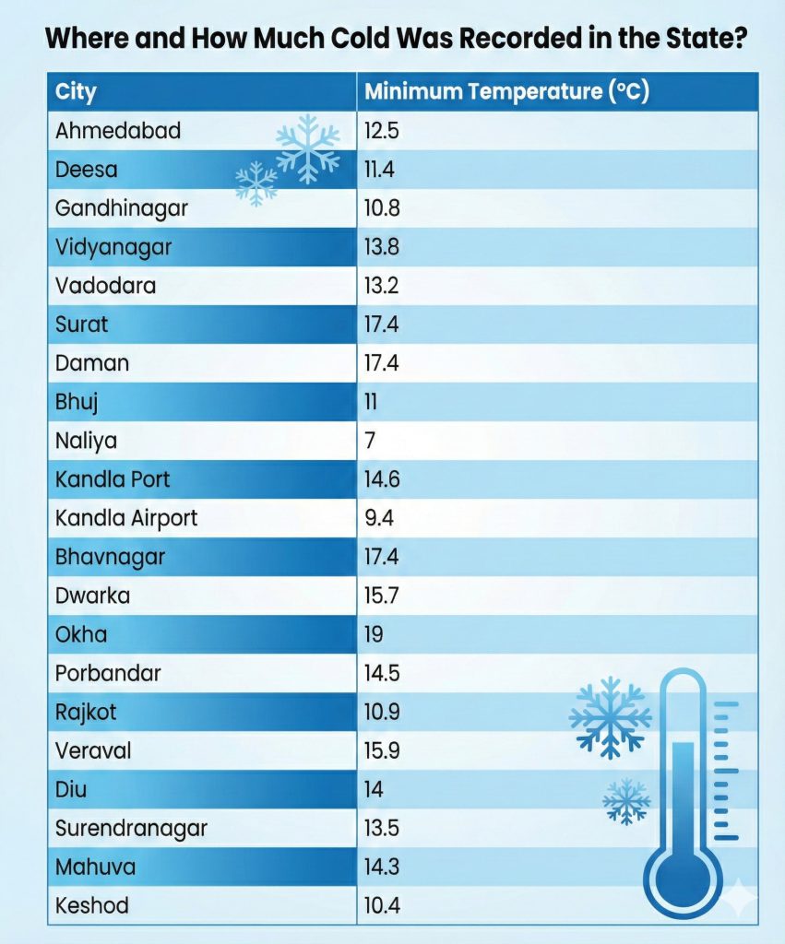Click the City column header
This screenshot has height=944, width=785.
click(76, 92)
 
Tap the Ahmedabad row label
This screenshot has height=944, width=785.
click(118, 131)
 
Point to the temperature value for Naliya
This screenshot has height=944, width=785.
click(371, 441)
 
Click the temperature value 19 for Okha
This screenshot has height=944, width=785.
click(374, 634)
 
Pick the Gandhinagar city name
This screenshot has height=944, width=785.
click(121, 208)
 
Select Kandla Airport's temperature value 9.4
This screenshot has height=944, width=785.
click(379, 518)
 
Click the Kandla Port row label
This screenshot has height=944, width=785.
click(113, 479)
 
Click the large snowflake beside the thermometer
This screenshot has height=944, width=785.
click(610, 718)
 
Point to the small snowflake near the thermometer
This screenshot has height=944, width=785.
click(627, 800)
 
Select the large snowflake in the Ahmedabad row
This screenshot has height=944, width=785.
click(308, 148)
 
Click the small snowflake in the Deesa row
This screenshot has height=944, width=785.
click(256, 183)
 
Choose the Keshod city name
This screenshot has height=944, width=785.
click(92, 905)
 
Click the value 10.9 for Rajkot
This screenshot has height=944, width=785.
click(382, 712)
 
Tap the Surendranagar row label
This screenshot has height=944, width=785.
click(131, 828)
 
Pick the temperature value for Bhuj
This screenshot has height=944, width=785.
click(371, 402)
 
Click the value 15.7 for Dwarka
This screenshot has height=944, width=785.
click(381, 596)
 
